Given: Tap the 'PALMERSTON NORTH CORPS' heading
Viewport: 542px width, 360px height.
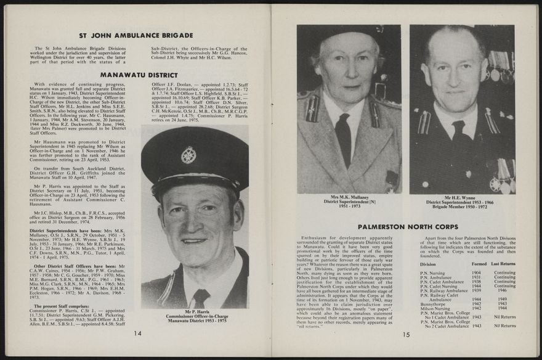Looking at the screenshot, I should [408, 227].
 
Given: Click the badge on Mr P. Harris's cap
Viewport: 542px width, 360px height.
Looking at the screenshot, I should [188, 155].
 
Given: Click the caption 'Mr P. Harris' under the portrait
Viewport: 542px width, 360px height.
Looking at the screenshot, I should [196, 312].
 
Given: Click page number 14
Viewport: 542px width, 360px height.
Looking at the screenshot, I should [138, 333].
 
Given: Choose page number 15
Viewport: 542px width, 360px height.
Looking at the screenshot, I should [407, 335].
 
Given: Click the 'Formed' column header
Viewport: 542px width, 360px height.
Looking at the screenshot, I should [478, 264].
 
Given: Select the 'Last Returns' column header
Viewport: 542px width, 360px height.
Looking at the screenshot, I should [503, 264].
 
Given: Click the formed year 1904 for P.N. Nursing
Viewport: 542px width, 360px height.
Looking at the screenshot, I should [476, 272].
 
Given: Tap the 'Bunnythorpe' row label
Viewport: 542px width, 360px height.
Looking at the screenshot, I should [433, 304].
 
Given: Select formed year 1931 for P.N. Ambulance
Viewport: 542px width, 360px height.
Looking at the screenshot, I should [476, 277].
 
